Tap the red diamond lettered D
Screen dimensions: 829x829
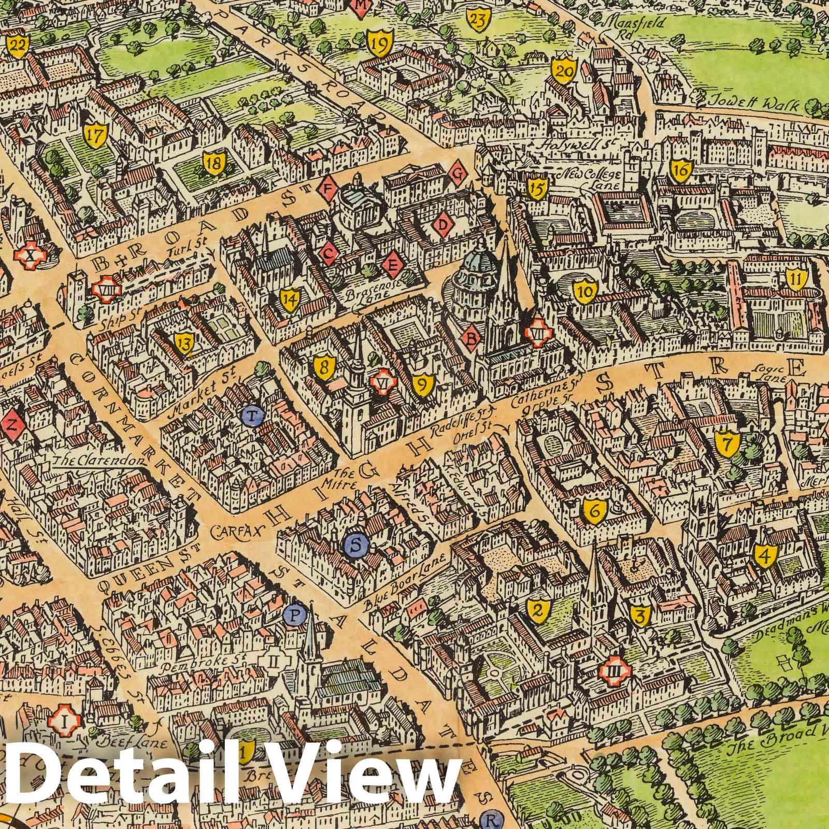[442, 224]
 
